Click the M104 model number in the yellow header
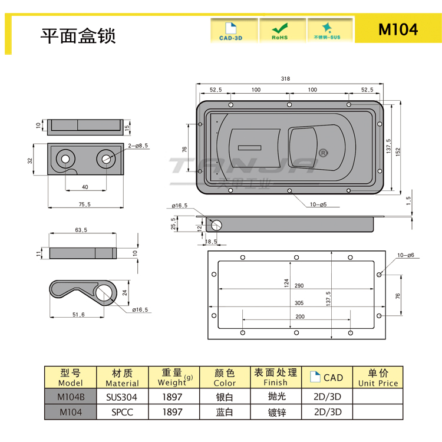(398, 29)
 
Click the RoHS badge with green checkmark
(279, 31)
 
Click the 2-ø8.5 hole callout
(137, 145)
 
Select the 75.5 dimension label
(85, 204)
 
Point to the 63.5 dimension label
(81, 230)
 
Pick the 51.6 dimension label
(79, 315)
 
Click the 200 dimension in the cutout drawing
(300, 316)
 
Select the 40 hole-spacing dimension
(85, 187)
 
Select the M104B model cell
(70, 397)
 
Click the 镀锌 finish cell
(276, 413)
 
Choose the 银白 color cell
(225, 397)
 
